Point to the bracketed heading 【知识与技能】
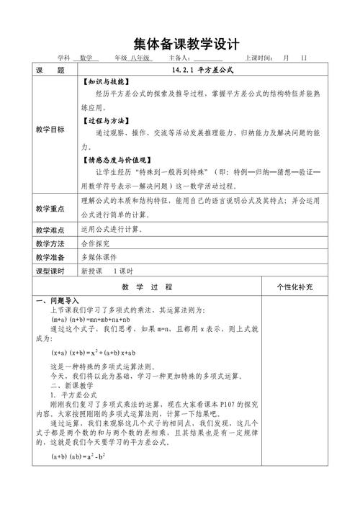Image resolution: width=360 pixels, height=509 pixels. pyautogui.click(x=107, y=82)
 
